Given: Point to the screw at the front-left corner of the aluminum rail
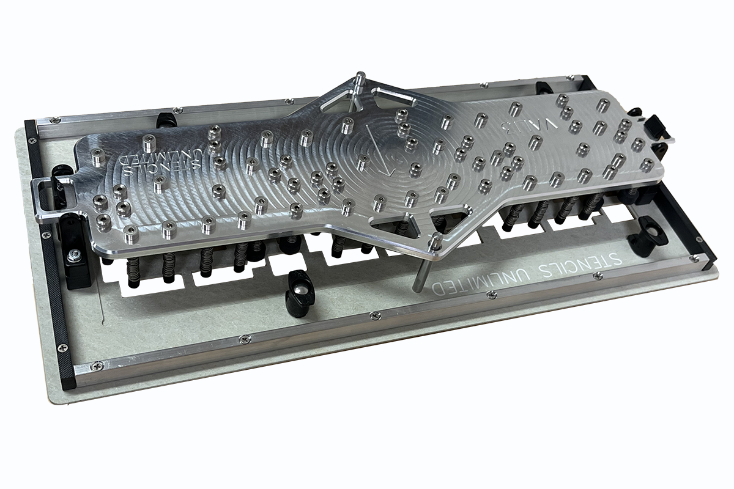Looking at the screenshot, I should tap(96, 366).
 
